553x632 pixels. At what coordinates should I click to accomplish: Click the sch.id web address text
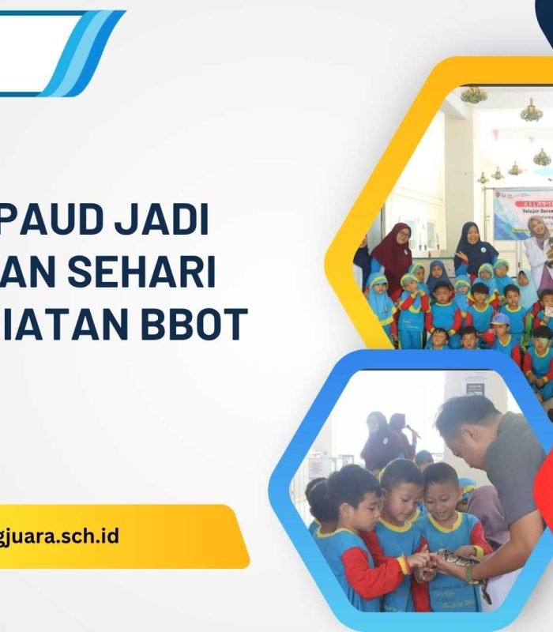59,536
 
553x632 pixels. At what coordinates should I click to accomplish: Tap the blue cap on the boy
500,318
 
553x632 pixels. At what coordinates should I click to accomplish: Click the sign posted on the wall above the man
474,388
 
